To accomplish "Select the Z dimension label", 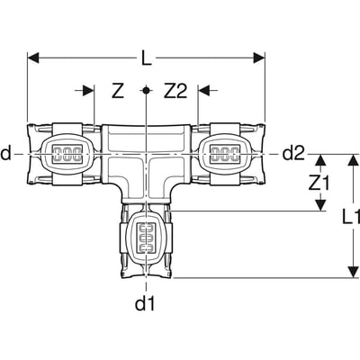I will tap(117, 90).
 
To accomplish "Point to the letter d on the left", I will tap(7, 154).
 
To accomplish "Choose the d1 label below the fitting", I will tap(146, 303).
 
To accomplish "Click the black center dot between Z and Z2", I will tap(146, 90).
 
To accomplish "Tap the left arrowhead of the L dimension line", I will tap(32, 58).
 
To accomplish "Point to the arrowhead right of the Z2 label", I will tap(203, 90).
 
